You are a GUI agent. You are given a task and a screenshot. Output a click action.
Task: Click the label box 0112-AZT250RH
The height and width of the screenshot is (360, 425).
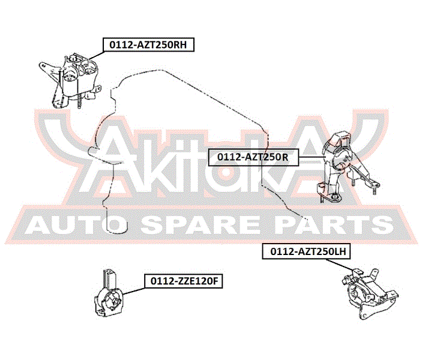point(148,44)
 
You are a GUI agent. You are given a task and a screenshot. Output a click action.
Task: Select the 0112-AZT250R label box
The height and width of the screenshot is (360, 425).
point(253,157)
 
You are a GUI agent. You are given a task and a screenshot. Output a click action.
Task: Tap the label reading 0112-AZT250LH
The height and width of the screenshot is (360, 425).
point(306,251)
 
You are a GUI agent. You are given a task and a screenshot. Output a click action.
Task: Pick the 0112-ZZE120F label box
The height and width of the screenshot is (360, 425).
point(184,281)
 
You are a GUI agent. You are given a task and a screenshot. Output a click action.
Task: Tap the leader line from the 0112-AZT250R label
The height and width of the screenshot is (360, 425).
point(312,157)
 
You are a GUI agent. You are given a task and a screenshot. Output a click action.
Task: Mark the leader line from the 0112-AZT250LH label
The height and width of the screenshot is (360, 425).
point(341,265)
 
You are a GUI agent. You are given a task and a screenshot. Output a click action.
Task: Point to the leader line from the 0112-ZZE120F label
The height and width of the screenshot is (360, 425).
point(134,291)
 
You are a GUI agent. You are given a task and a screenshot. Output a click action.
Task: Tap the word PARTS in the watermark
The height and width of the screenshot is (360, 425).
point(336,225)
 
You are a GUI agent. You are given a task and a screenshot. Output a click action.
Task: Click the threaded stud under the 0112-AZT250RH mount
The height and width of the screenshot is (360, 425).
point(79,101)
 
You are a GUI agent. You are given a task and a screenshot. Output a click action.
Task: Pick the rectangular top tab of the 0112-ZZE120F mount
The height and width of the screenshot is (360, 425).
point(110,278)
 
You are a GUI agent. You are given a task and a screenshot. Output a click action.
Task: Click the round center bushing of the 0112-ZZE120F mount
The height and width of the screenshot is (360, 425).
point(115,300)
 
